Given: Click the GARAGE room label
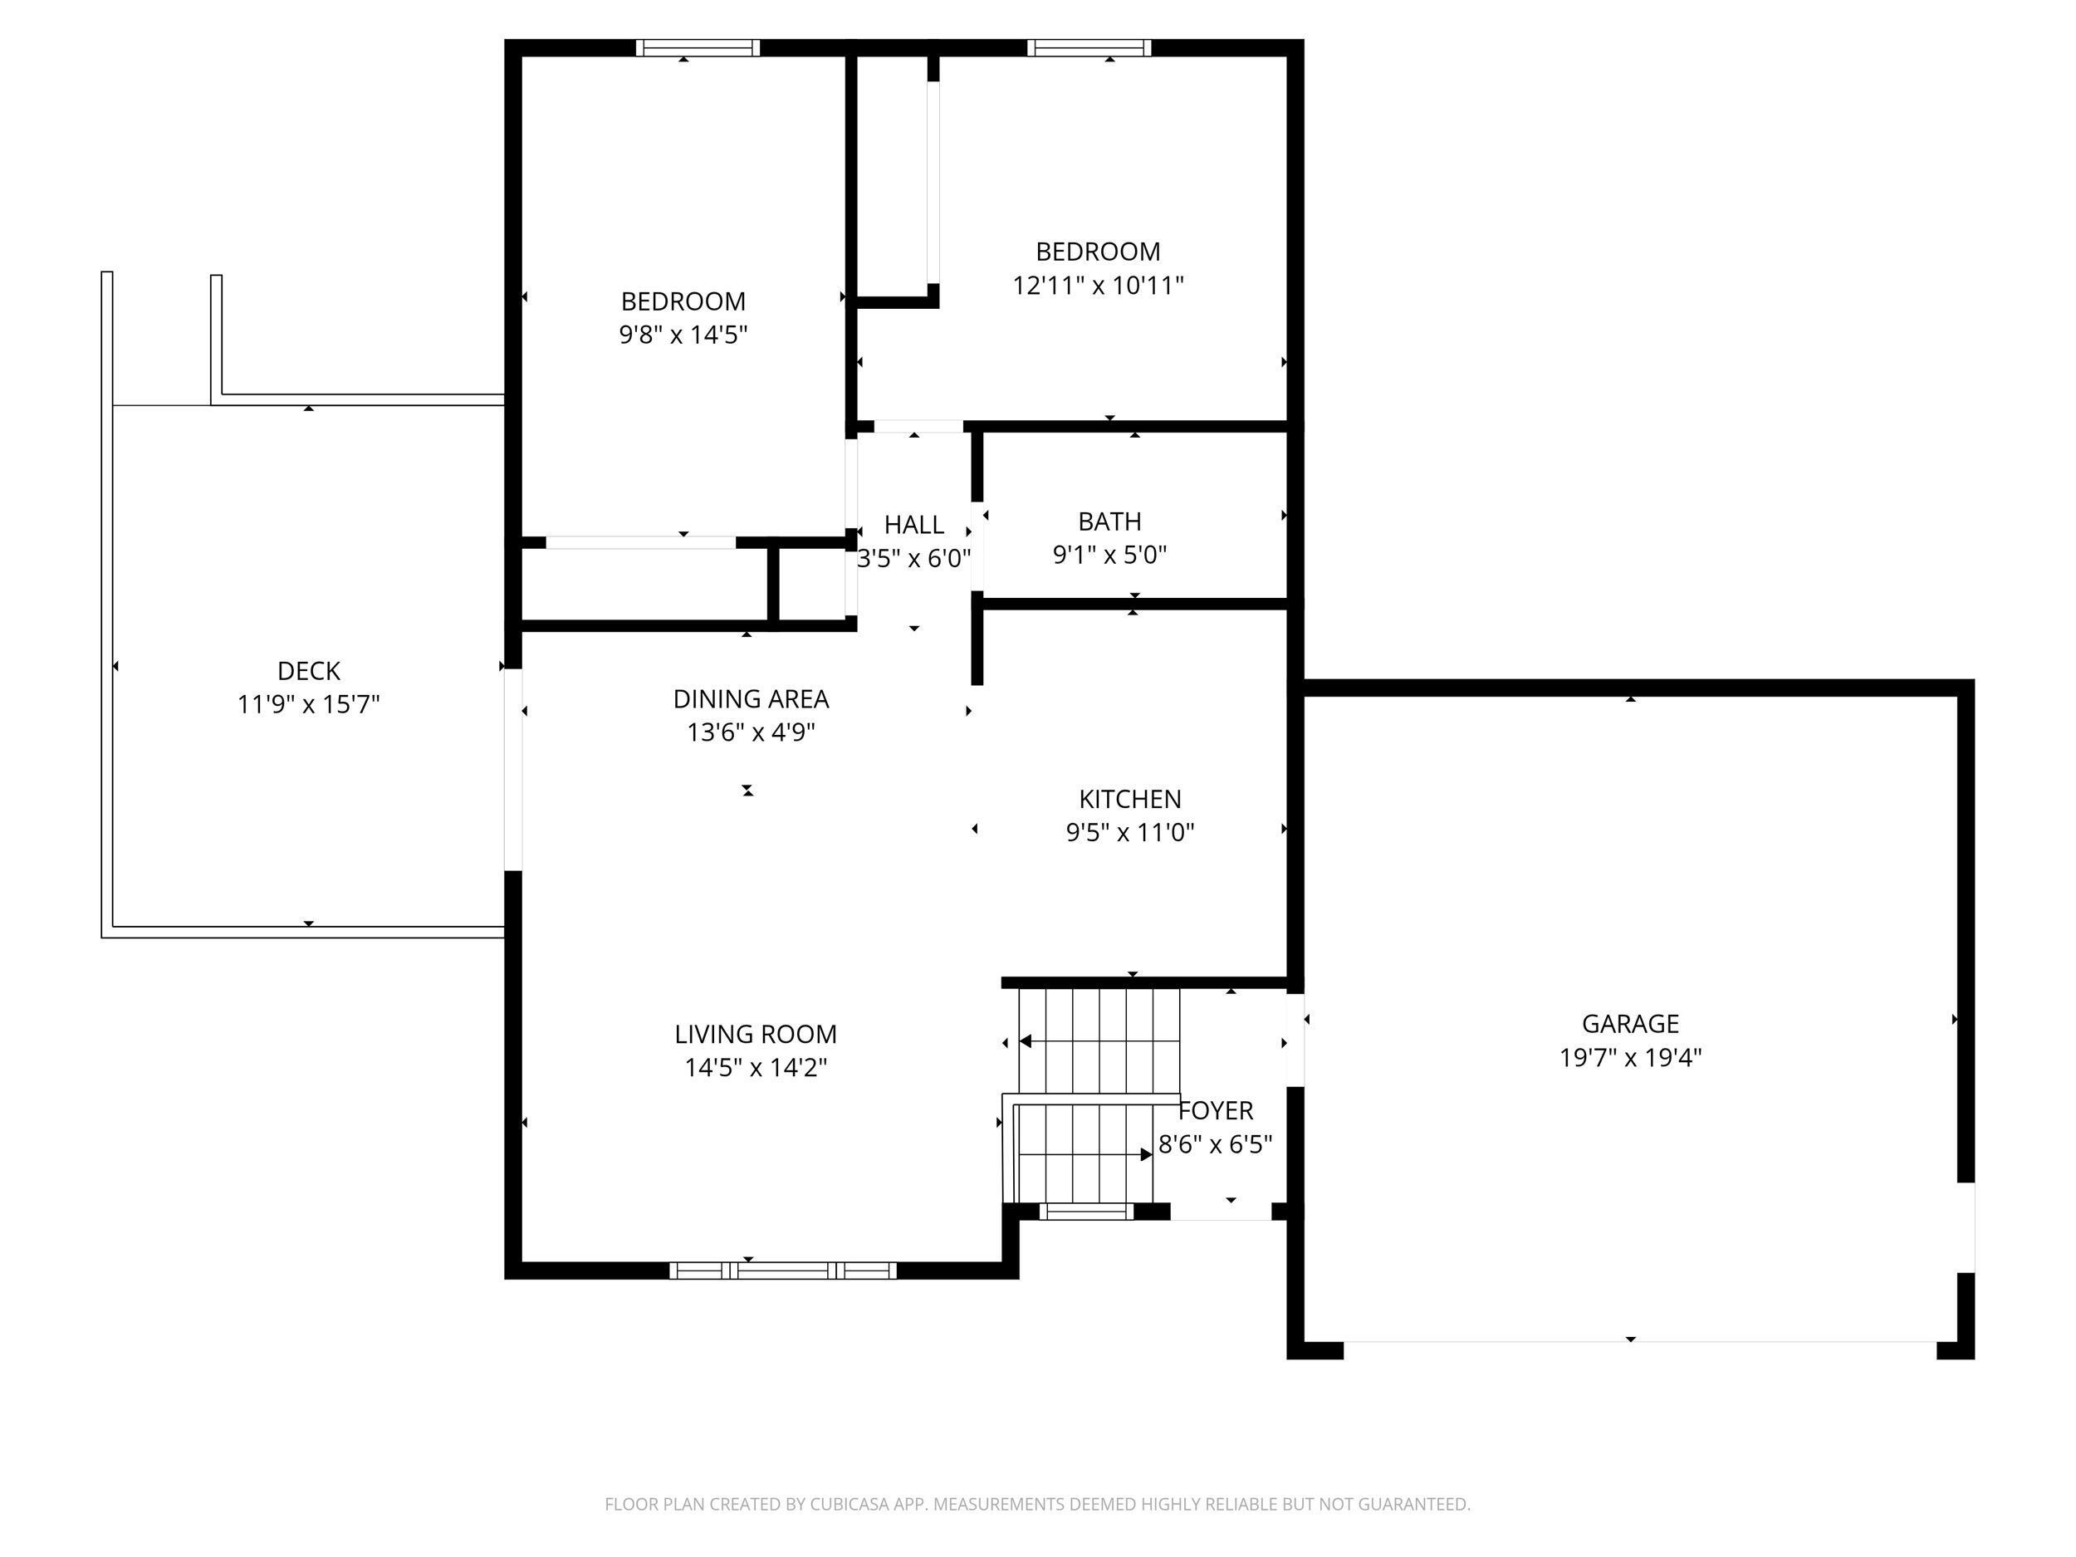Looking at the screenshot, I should tap(1630, 1024).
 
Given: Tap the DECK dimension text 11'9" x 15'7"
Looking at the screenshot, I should tap(308, 704).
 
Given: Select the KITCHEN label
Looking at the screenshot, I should tap(1130, 799).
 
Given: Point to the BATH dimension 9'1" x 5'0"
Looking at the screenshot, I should tap(1109, 555).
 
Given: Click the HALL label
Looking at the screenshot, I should tap(913, 525).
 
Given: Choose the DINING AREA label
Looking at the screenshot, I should tap(751, 699).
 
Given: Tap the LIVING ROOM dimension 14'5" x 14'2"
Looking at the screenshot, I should tap(756, 1067).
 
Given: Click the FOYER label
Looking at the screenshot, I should tap(1216, 1111).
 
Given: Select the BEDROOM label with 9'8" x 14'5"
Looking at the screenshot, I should tap(683, 301).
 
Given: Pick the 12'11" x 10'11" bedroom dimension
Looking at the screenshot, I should tap(1098, 286).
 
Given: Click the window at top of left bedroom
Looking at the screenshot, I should tap(698, 48).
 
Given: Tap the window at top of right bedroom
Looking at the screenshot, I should tap(1089, 48).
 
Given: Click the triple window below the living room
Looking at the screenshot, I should tap(783, 1271).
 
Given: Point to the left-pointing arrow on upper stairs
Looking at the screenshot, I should tap(1026, 1040).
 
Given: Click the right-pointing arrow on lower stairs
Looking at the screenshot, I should tap(1146, 1154).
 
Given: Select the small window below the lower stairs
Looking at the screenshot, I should tap(1086, 1212).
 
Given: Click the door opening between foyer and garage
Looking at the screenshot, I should tap(1295, 1040).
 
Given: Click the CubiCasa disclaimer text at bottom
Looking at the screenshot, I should tap(1037, 1505).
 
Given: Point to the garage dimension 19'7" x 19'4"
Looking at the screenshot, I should tap(1630, 1058).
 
